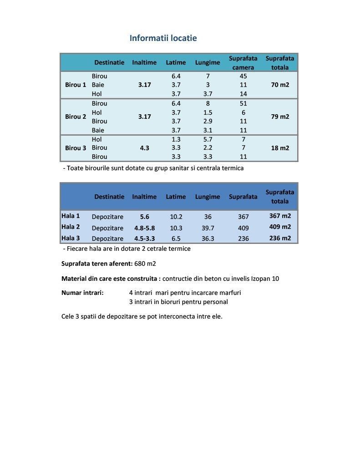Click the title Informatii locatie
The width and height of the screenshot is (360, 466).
click(x=163, y=38)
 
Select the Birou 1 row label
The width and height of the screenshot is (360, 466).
click(x=76, y=85)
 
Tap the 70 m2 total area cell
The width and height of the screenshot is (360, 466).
click(x=280, y=85)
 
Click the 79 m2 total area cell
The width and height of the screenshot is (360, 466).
click(x=280, y=116)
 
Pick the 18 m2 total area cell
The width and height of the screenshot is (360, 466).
click(x=280, y=148)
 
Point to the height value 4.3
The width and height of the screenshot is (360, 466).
click(x=144, y=148)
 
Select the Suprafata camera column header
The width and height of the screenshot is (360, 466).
click(x=243, y=63)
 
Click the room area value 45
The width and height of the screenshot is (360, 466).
click(x=243, y=76)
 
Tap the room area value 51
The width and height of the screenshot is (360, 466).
click(x=243, y=103)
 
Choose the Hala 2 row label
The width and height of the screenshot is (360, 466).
click(x=71, y=227)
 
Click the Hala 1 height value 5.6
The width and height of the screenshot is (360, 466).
click(x=144, y=217)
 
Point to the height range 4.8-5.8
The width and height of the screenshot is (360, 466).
click(x=144, y=228)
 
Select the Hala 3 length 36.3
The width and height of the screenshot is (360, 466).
click(x=208, y=238)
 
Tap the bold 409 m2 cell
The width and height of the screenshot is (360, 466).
click(x=280, y=227)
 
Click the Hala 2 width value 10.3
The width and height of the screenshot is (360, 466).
click(x=176, y=228)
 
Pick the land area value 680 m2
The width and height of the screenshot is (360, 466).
click(x=145, y=263)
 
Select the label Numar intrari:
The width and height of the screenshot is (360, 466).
click(x=82, y=292)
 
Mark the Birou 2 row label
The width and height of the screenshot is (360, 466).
click(x=76, y=116)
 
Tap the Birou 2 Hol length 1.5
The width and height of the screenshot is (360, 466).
click(x=208, y=112)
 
